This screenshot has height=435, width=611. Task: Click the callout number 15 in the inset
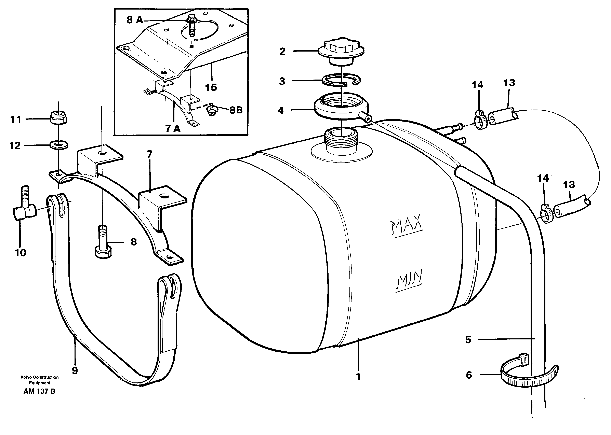pyautogui.click(x=211, y=87)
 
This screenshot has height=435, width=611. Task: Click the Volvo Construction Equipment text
pyautogui.click(x=40, y=380)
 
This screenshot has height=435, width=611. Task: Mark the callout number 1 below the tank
pyautogui.click(x=358, y=377)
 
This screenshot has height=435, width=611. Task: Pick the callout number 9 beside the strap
pyautogui.click(x=75, y=371)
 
